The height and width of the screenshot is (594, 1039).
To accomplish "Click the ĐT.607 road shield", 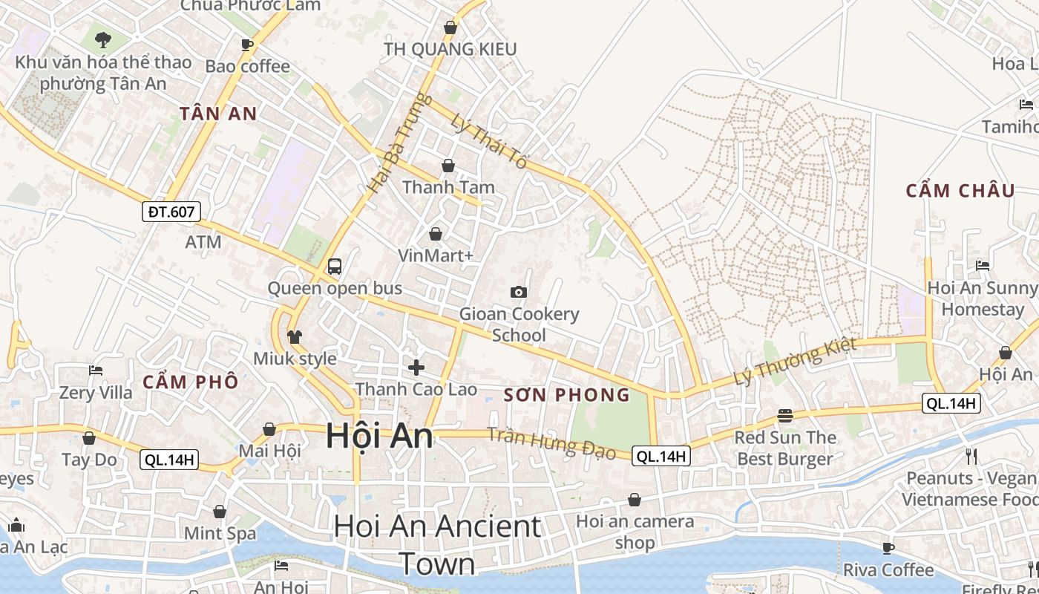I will (171, 212).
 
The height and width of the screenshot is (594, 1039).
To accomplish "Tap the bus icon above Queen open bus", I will (335, 266).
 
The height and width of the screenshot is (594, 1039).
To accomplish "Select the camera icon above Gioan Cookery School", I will (519, 292).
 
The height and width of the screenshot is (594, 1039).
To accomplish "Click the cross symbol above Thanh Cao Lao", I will (416, 367).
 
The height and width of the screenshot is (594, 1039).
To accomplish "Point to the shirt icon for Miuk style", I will (295, 337).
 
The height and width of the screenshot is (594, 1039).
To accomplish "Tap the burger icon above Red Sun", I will (785, 415).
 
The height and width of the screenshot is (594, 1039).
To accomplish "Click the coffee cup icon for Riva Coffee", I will (888, 548).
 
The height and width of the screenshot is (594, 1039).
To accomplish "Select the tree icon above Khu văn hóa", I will (103, 39).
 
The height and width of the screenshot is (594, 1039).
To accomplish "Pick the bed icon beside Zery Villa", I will (96, 370).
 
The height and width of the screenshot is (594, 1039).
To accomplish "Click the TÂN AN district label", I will (218, 114).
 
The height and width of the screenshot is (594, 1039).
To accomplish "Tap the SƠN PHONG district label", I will (567, 395).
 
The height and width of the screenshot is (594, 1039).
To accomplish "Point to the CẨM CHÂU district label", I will (960, 191).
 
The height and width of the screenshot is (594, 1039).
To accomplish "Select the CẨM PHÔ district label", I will (191, 382).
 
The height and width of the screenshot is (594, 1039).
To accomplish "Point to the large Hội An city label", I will (379, 436).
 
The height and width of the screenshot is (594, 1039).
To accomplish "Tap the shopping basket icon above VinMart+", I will (436, 234).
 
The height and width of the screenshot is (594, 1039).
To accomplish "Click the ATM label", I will (203, 242).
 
